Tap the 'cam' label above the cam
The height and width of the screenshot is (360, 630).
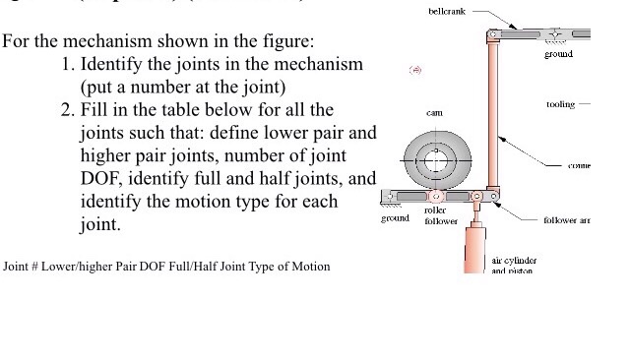coord(433,114)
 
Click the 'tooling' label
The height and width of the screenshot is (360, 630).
coord(560,103)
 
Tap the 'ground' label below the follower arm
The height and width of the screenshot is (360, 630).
coord(395,217)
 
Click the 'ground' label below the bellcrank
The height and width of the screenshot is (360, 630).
coord(558,53)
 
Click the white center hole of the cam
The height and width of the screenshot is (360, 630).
coord(434,159)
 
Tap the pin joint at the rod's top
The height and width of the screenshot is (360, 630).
coord(493,34)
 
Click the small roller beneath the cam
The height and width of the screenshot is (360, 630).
coord(433,198)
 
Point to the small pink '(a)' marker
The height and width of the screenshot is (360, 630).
coord(415,71)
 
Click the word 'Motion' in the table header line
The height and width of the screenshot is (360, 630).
coord(311,267)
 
